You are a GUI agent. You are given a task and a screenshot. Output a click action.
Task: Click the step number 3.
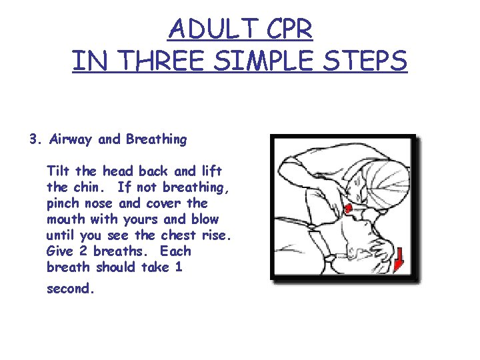pos(33,140)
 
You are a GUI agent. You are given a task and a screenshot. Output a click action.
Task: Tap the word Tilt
pos(57,171)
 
